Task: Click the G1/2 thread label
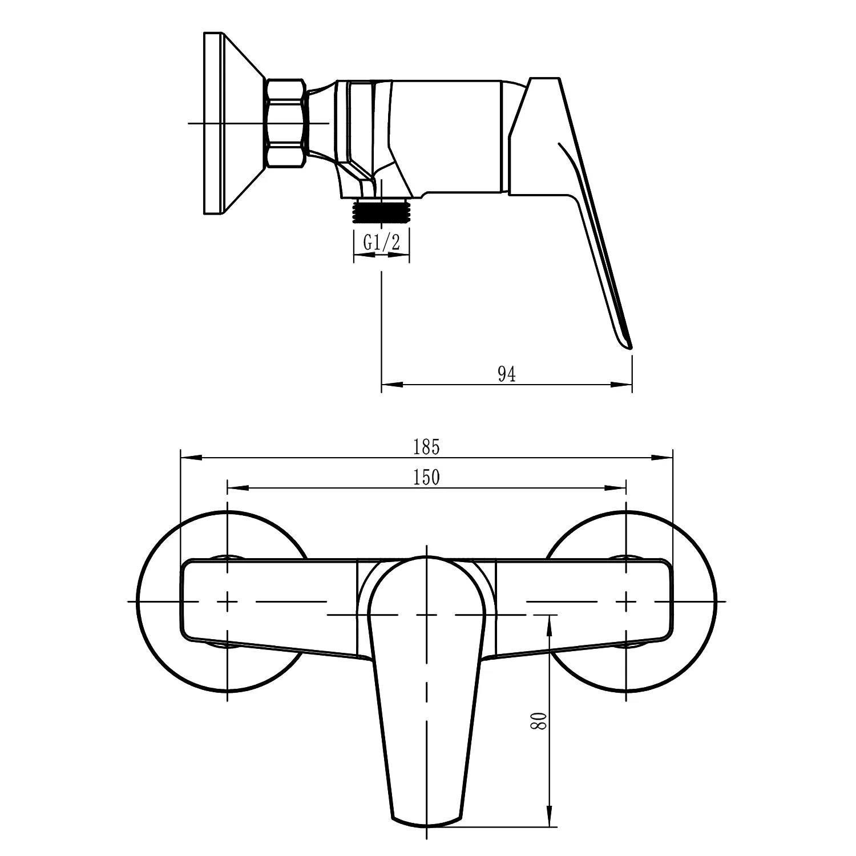tap(381, 243)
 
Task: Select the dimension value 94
tap(506, 374)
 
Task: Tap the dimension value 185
tap(427, 448)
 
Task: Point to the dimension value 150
tap(427, 477)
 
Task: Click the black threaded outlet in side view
tap(381, 210)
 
